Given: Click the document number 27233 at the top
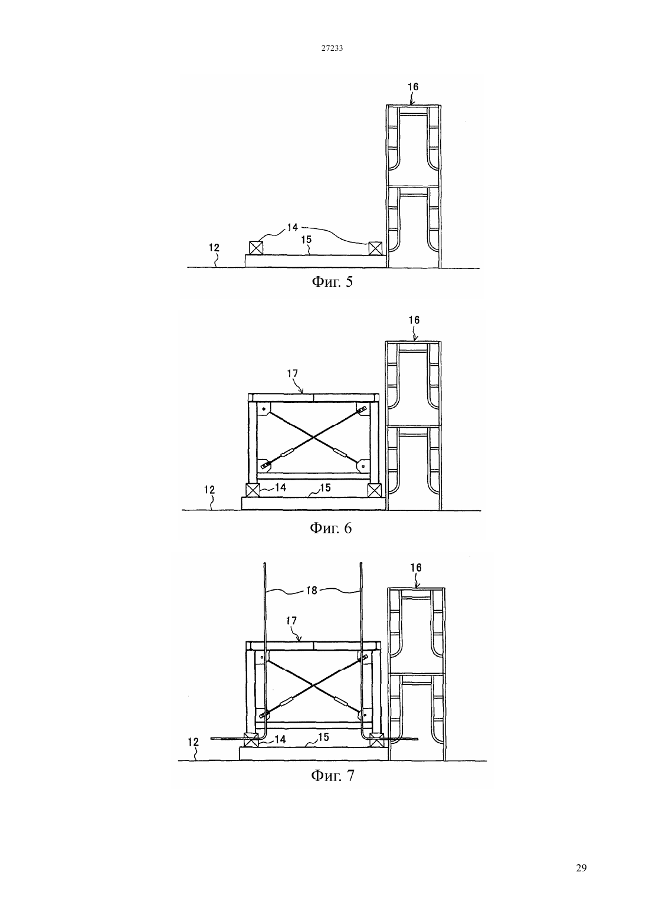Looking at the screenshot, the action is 332,48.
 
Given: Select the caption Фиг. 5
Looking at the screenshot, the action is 332,282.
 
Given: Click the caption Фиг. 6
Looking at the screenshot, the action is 330,528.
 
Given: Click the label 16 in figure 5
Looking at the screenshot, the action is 413,87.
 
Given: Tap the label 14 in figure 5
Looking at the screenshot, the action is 292,228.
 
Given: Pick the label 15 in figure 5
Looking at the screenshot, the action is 306,240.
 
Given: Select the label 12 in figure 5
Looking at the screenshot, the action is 214,248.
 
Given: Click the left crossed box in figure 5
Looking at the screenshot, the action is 255,248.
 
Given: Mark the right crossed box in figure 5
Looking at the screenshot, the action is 375,248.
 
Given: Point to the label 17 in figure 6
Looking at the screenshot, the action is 293,373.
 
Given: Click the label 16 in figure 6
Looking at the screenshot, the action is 414,320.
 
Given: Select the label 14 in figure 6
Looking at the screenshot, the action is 280,487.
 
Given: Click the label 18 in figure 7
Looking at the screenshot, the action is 312,591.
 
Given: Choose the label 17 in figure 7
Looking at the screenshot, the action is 291,621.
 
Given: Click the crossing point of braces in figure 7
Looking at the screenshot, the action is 313,685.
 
